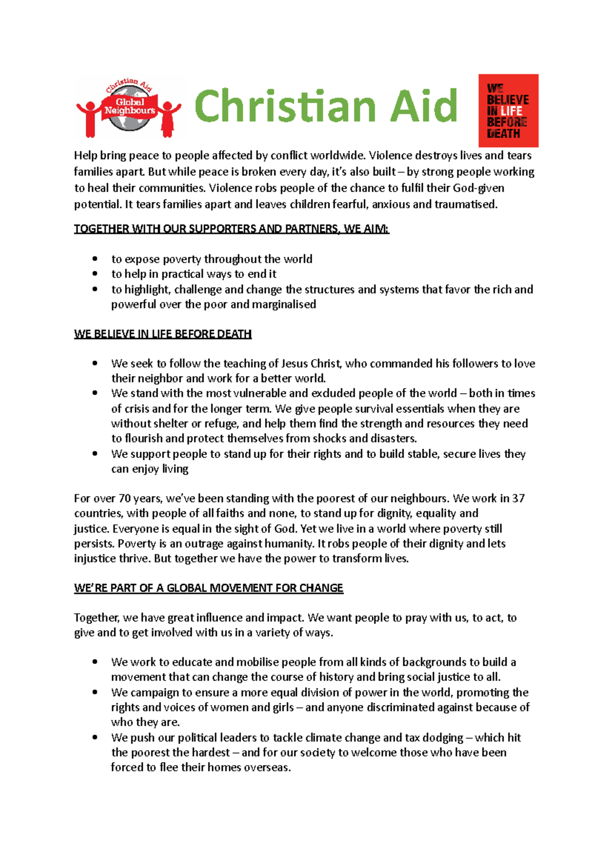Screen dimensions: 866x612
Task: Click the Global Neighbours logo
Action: [129, 107]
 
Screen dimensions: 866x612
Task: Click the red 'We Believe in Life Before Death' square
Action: [508, 111]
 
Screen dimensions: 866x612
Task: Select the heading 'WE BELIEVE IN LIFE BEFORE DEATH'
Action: [163, 334]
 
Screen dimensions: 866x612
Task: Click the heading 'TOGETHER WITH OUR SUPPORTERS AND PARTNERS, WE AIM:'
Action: [232, 229]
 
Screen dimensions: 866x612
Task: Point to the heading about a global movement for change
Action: [209, 588]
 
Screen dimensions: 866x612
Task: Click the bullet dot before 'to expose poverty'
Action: [95, 259]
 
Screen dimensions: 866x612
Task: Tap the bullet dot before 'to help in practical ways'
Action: [95, 274]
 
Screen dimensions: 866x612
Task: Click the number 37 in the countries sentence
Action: [518, 498]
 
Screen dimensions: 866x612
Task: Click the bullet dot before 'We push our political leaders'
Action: [95, 737]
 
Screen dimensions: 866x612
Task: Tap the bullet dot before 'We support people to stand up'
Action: [95, 454]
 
